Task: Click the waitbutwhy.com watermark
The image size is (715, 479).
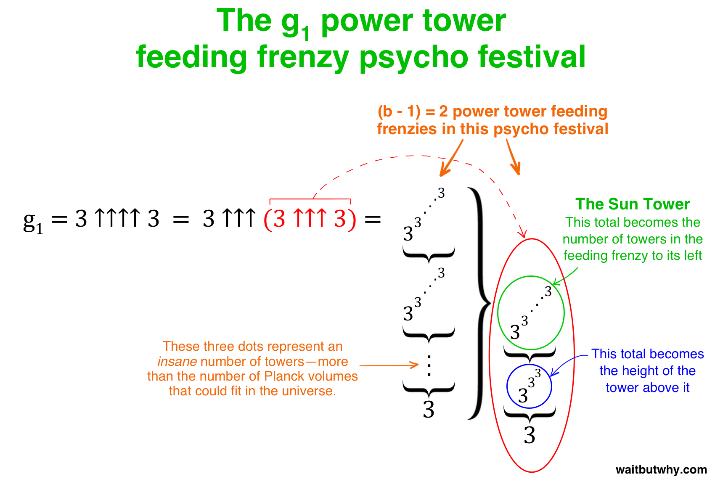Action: (661, 469)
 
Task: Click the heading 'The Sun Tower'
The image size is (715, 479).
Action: (633, 204)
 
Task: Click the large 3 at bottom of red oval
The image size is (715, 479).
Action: (530, 435)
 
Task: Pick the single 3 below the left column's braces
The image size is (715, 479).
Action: (429, 409)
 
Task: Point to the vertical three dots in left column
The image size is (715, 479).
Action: (429, 365)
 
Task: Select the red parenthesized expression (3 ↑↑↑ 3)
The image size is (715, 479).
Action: (310, 219)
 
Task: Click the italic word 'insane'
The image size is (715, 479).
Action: (177, 362)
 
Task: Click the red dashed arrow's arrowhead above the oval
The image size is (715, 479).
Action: (523, 233)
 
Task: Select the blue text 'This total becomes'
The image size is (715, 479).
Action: (647, 354)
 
